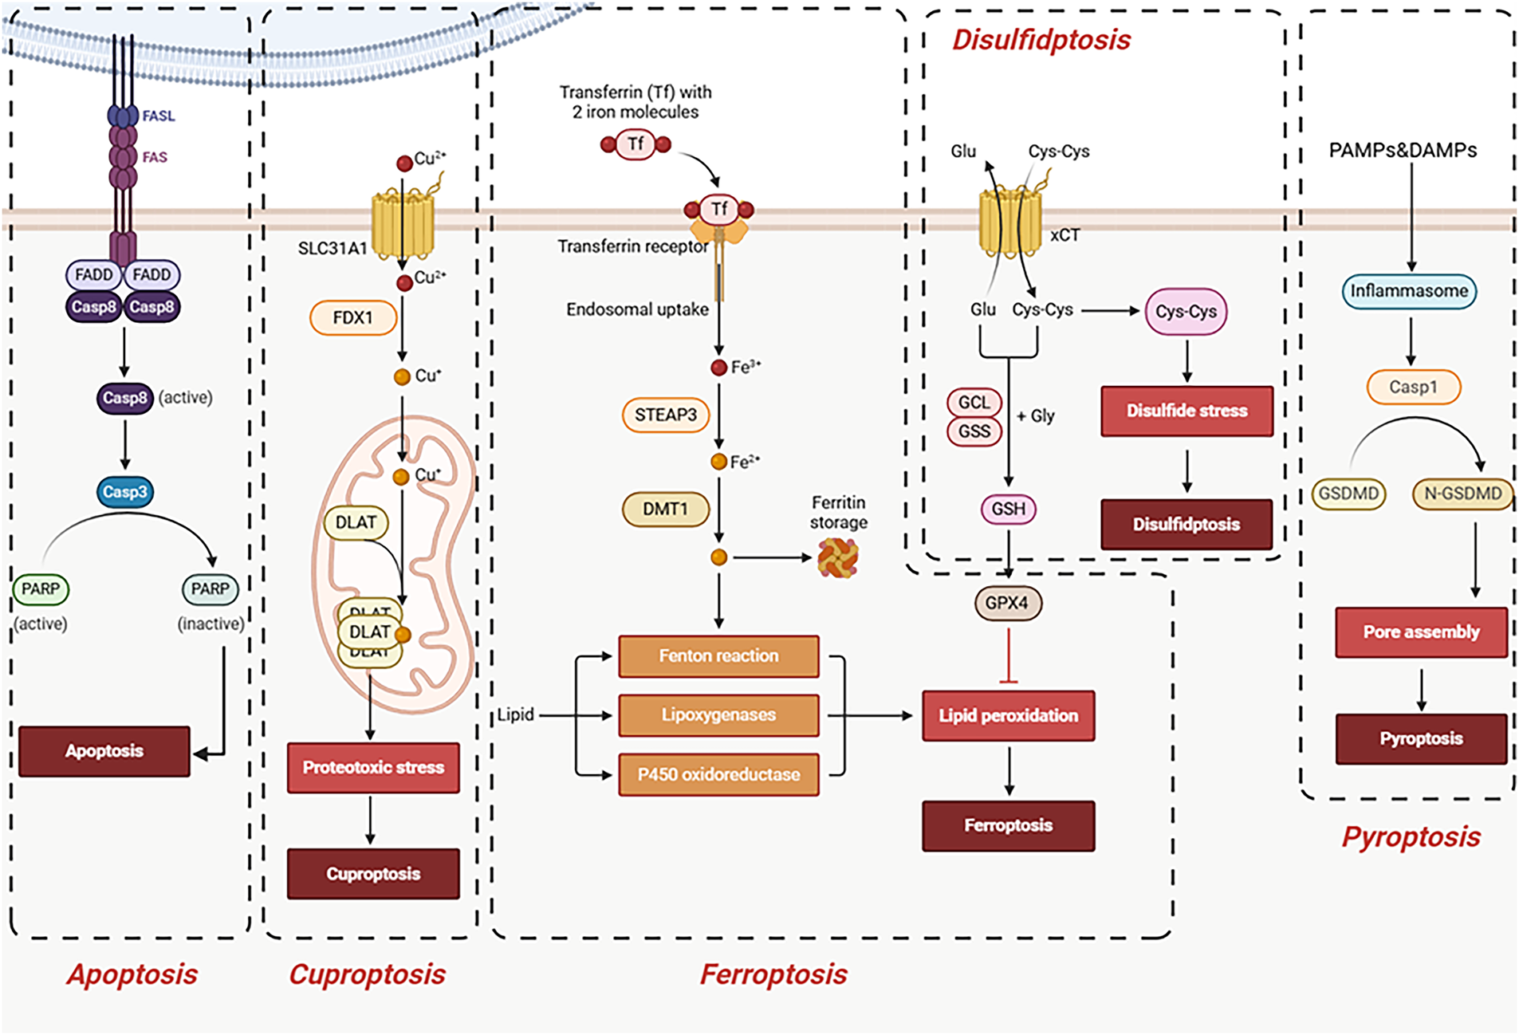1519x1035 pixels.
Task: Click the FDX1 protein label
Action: (x=352, y=317)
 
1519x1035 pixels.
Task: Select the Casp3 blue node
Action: (x=125, y=492)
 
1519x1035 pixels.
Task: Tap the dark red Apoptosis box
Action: (x=104, y=751)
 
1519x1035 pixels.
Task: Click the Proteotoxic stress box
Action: (x=373, y=768)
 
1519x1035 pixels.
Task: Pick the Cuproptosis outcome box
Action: (x=373, y=874)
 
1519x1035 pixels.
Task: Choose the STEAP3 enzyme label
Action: (x=665, y=415)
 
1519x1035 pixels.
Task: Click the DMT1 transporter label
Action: (x=665, y=510)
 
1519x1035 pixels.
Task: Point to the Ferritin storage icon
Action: (x=838, y=558)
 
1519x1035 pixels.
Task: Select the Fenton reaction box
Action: (x=718, y=656)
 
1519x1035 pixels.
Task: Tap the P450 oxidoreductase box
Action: (x=718, y=774)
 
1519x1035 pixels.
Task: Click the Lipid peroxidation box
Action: (x=1008, y=716)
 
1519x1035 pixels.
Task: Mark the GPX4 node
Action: (x=1007, y=604)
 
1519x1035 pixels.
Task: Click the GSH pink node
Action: (x=1009, y=509)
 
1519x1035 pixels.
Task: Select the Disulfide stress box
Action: (x=1186, y=411)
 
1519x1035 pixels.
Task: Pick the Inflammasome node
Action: (x=1409, y=291)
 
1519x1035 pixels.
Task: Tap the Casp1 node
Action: (x=1414, y=388)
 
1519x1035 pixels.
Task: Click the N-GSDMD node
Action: (x=1463, y=494)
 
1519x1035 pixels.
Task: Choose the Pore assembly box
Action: (x=1421, y=632)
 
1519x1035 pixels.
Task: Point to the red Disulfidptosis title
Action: (x=1041, y=40)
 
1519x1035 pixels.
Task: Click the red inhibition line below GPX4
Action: (x=1009, y=656)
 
